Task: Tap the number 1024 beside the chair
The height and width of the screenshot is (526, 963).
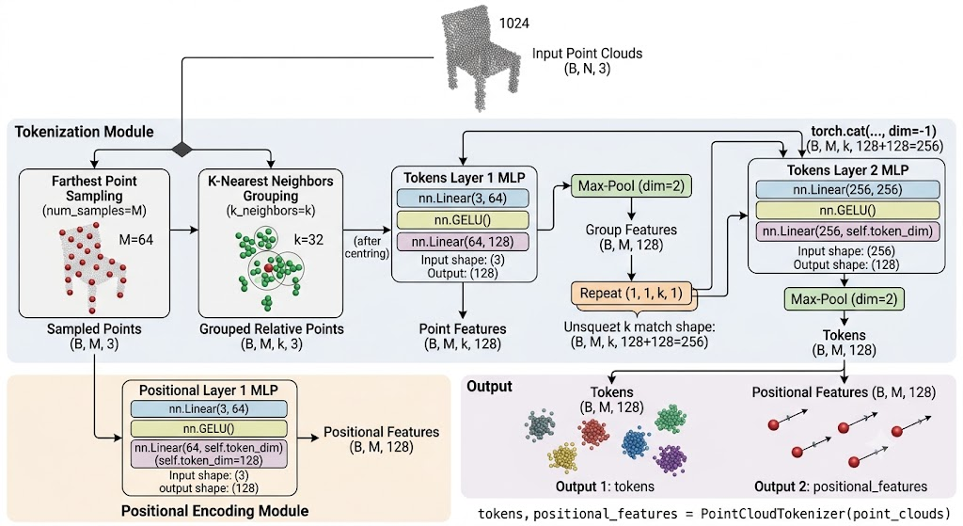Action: tap(514, 24)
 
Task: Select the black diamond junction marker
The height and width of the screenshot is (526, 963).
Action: tap(182, 149)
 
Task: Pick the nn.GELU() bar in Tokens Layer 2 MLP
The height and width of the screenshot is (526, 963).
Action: tap(847, 210)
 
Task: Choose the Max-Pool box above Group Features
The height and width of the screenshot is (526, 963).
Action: tap(631, 185)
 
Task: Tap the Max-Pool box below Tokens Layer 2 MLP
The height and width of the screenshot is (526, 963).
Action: tap(844, 299)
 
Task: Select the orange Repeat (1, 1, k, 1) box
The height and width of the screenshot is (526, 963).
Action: tap(631, 293)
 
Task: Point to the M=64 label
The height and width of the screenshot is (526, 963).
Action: tap(136, 240)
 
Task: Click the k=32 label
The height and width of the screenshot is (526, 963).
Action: tap(308, 240)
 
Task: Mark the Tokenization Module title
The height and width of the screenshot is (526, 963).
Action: tap(84, 132)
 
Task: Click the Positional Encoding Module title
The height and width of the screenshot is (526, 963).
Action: tap(215, 511)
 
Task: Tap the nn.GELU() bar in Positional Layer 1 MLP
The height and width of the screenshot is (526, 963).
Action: tap(209, 428)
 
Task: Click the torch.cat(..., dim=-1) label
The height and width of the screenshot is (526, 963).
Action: tap(874, 131)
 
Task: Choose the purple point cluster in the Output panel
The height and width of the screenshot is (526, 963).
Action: tap(670, 459)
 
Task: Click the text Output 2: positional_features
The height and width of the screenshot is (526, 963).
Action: tap(841, 486)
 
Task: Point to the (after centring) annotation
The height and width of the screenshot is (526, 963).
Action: tap(368, 247)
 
